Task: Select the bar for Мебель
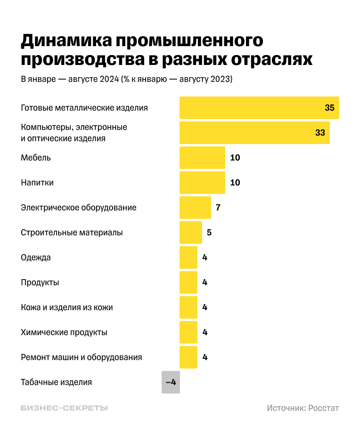[202, 158]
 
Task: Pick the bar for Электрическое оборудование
[195, 208]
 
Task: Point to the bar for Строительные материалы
[190, 233]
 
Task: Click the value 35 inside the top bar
[329, 108]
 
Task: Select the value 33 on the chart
[320, 133]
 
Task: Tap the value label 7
[218, 208]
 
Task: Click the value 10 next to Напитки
[235, 183]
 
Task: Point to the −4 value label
[171, 382]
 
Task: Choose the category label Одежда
[36, 257]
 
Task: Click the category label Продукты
[40, 282]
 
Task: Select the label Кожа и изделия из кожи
[67, 307]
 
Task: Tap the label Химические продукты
[64, 332]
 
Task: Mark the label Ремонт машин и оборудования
[82, 357]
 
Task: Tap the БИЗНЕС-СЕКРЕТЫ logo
[64, 408]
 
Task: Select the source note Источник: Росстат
[303, 408]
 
